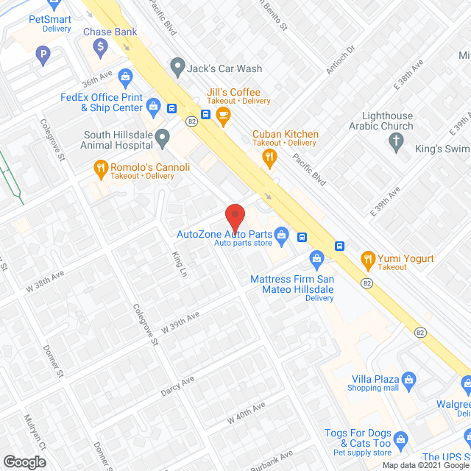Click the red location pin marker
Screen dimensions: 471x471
[235, 218]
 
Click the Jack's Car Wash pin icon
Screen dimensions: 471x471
[177, 68]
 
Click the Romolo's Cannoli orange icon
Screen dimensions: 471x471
[100, 171]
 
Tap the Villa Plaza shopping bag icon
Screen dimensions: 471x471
[411, 380]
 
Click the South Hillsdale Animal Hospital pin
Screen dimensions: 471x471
[163, 135]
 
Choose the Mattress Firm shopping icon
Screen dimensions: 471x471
[316, 258]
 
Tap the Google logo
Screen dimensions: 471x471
[24, 461]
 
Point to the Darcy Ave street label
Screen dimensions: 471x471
[177, 386]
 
